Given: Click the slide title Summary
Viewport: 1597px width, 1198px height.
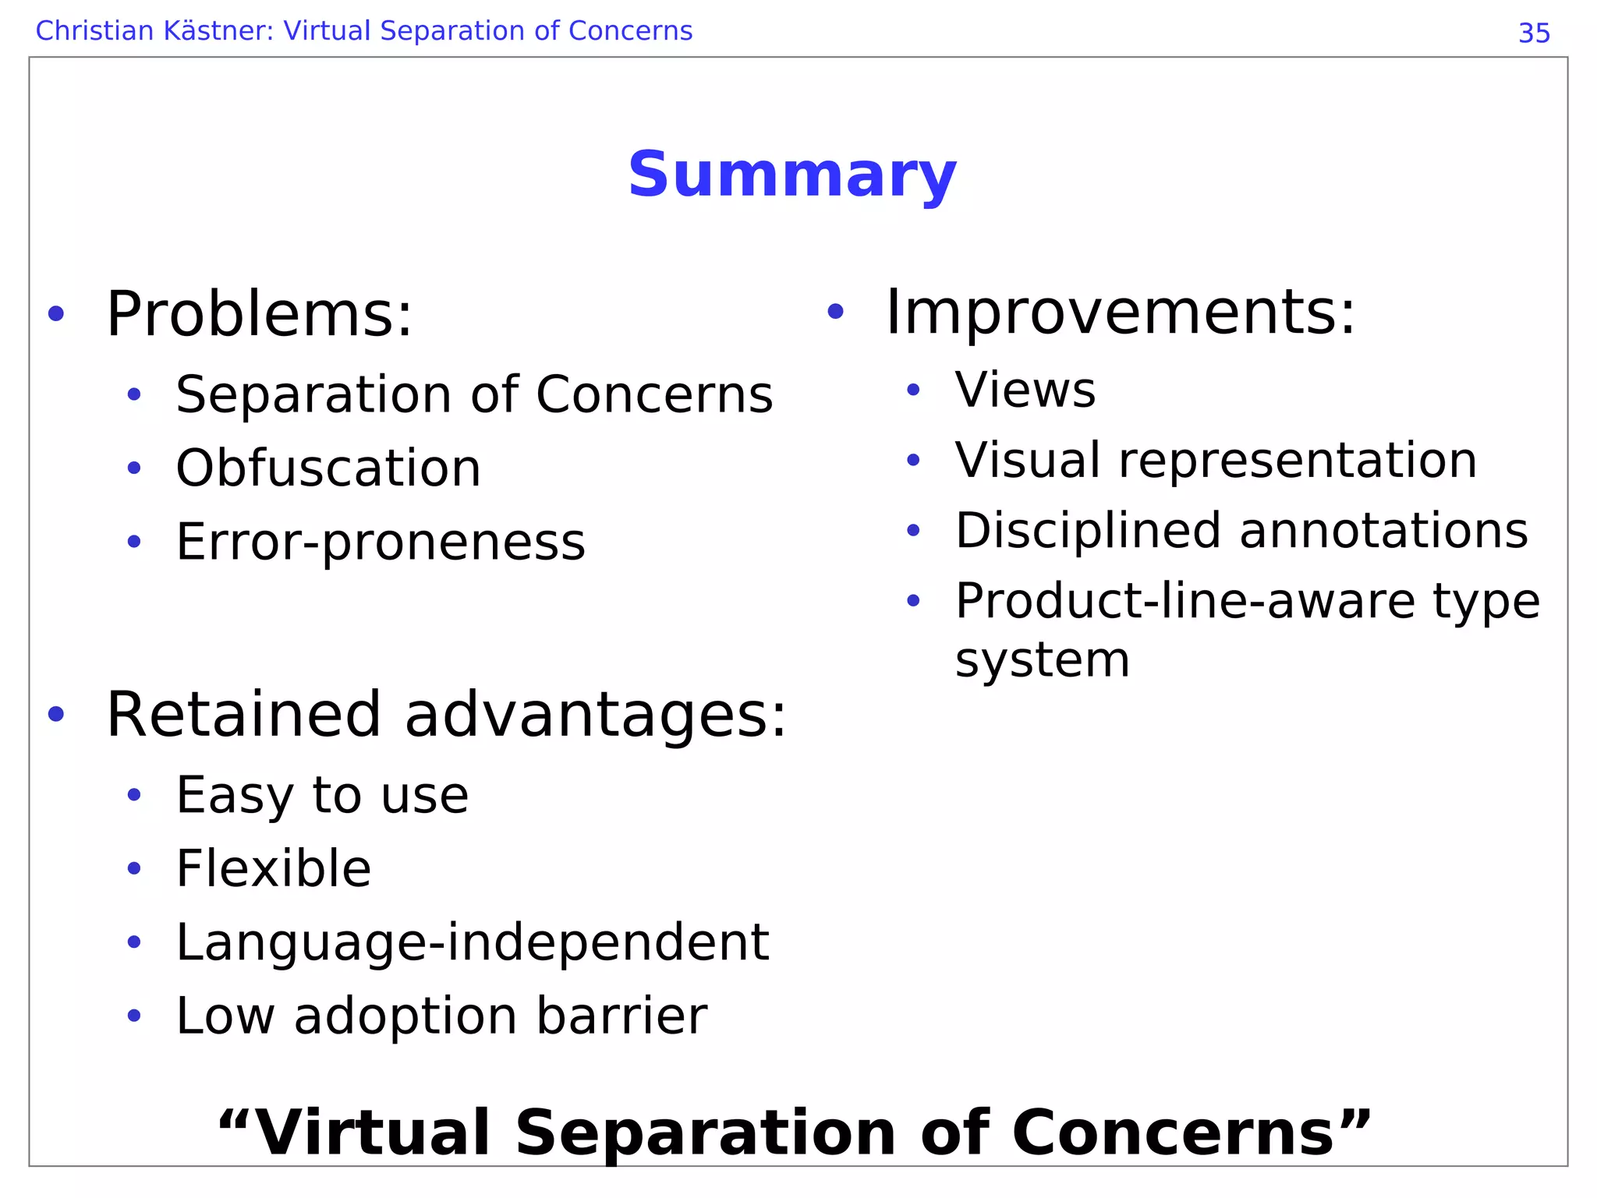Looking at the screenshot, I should point(791,175).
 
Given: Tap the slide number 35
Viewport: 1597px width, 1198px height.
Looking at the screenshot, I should point(1534,34).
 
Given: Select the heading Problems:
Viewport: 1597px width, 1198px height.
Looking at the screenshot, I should point(259,314).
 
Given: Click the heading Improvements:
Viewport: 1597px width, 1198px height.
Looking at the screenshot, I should point(1121,312).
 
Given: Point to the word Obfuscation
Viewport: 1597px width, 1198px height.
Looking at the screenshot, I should point(328,468).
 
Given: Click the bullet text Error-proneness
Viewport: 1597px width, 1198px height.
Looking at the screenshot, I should point(381,542).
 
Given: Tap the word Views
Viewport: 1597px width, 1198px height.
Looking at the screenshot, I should point(1025,390).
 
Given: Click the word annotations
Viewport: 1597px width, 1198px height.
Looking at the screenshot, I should point(1383,531).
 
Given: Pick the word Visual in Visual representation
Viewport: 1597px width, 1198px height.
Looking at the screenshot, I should point(1028,460).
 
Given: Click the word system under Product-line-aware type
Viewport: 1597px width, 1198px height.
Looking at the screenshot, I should point(1042,661).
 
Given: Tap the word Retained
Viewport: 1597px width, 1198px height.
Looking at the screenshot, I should point(243,715).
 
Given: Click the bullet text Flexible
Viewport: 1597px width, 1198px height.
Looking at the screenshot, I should point(274,868).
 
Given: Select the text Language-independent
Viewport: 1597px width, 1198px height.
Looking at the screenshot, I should point(473,942).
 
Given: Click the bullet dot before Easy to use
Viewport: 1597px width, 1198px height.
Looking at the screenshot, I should point(134,795).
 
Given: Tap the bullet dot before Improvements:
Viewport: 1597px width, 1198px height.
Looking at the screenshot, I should point(835,312).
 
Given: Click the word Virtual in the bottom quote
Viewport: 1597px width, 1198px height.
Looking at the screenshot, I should point(372,1133).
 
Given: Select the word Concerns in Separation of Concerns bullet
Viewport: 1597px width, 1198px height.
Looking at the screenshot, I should point(654,394).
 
